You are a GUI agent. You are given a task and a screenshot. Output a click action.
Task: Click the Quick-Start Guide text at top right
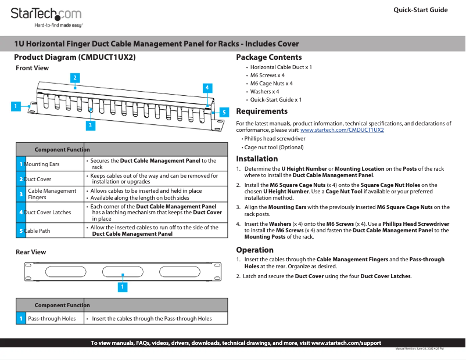[x=420, y=10]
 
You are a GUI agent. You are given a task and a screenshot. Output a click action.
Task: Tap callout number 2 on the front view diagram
[x=75, y=77]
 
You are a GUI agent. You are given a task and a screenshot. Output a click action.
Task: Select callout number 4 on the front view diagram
[x=207, y=87]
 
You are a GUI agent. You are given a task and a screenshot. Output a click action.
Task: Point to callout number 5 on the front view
[x=223, y=111]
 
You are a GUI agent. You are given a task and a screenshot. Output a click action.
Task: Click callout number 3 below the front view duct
[x=91, y=124]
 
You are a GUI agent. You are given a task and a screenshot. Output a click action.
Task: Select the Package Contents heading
[x=268, y=57]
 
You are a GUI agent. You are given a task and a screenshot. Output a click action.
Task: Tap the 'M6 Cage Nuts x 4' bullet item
[x=271, y=84]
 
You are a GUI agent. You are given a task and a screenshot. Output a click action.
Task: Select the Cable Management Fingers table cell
[x=52, y=194]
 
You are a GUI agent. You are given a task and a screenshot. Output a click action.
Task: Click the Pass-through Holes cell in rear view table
[x=52, y=318]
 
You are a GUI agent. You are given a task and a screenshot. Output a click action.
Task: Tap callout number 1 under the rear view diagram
[x=122, y=286]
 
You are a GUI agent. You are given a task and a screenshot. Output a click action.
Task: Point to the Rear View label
[x=31, y=252]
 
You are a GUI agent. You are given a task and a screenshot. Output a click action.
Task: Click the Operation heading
[x=254, y=250]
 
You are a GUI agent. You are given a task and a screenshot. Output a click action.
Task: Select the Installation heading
[x=257, y=159]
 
